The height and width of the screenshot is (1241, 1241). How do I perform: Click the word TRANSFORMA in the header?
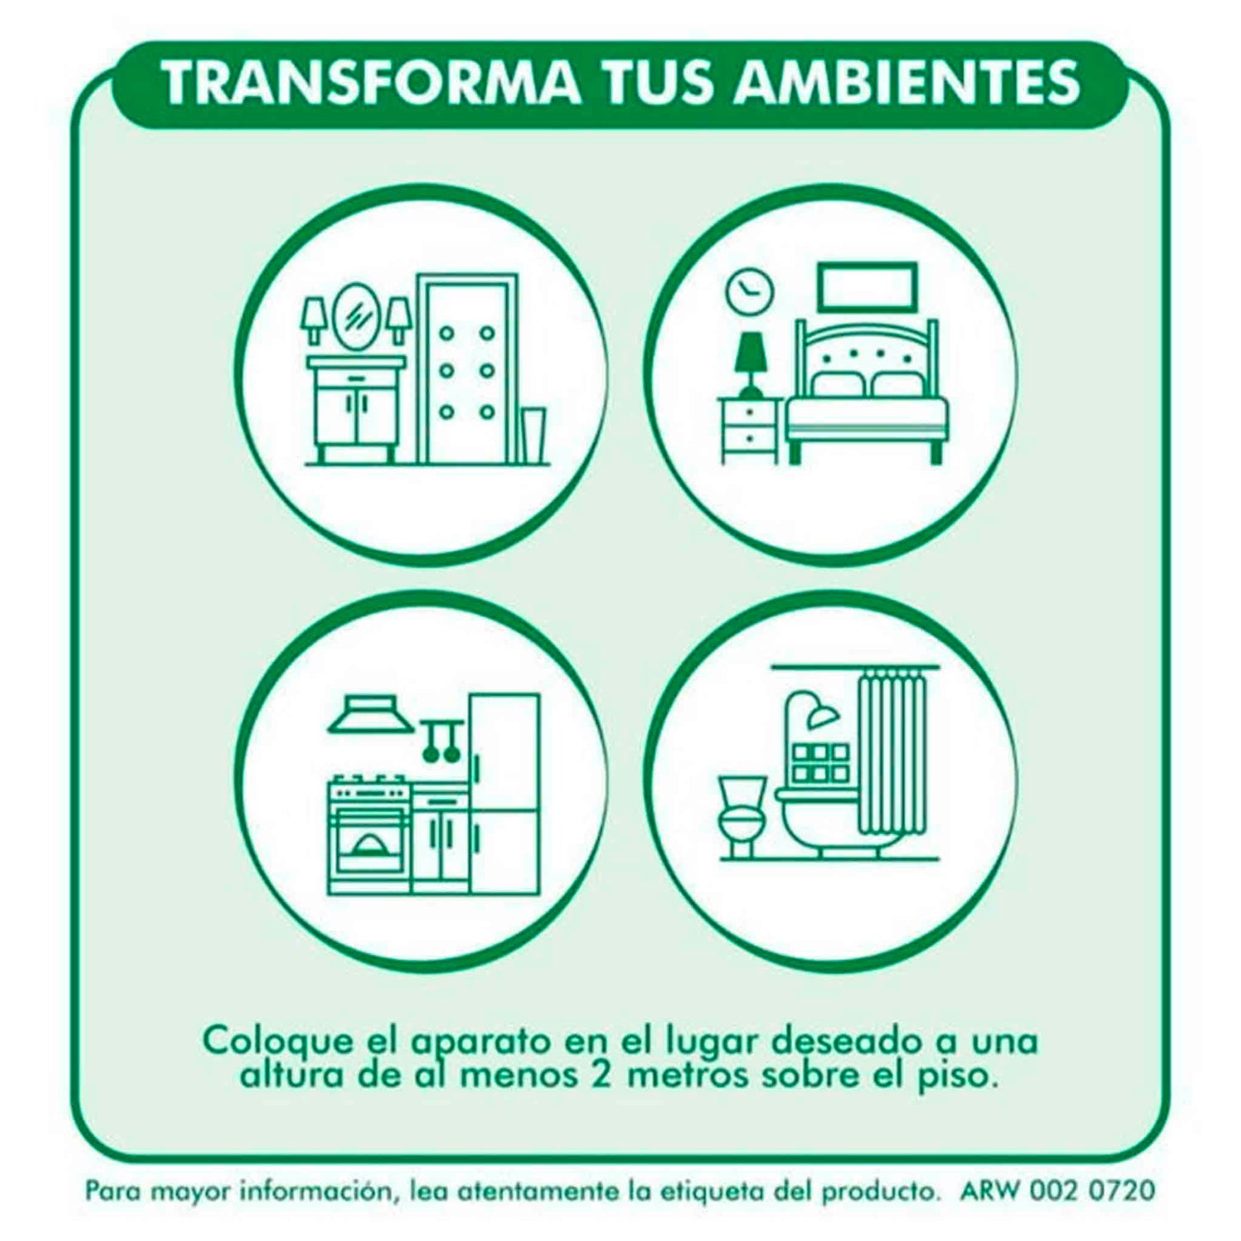(374, 83)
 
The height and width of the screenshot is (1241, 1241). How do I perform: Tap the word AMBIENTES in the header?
(908, 83)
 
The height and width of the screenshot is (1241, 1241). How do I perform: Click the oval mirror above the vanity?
(356, 316)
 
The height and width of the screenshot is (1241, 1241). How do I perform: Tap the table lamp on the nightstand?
(751, 364)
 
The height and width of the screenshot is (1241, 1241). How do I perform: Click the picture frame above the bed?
(867, 287)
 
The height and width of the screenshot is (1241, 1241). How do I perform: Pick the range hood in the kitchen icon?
(372, 715)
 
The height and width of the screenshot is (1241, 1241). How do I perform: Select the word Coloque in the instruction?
(279, 1042)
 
